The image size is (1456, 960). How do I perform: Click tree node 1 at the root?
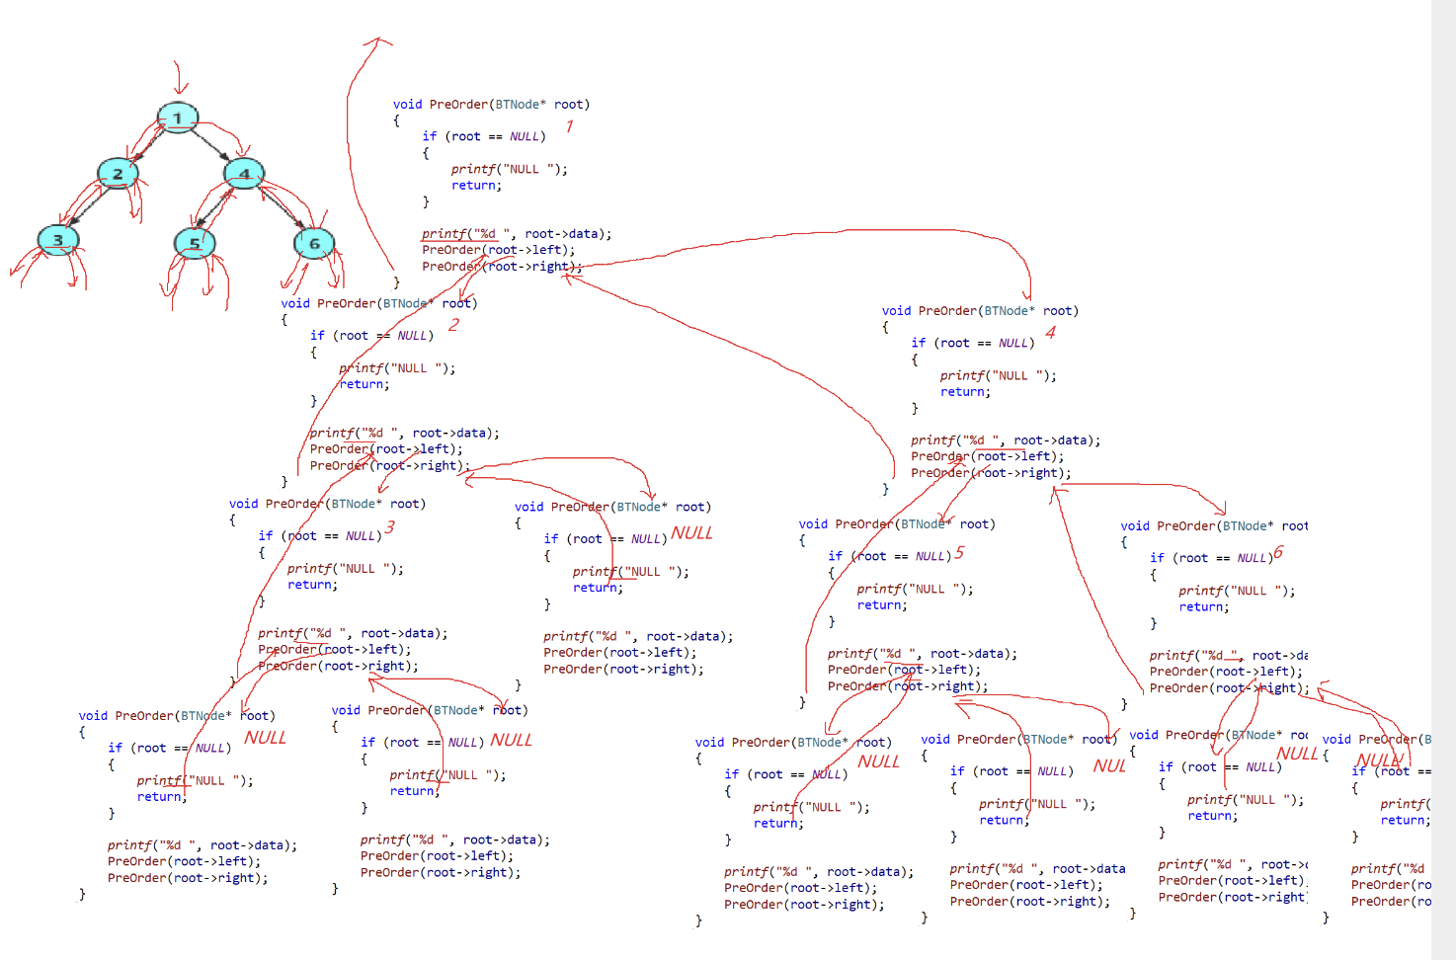point(178,119)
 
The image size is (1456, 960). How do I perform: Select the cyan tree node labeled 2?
point(118,174)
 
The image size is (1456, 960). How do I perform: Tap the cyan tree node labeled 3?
point(58,239)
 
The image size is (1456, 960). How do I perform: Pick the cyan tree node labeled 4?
point(244,174)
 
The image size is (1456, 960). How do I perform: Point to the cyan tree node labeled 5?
point(195,243)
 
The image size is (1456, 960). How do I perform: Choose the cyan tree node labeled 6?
point(314,243)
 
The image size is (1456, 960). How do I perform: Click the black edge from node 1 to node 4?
point(211,145)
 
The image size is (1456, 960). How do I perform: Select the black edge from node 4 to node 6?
point(282,207)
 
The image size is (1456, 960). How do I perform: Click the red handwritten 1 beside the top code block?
point(569,125)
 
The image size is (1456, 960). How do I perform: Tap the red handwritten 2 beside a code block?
point(453,324)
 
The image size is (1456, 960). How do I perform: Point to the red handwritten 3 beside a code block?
point(390,527)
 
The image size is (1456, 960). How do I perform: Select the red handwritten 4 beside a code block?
point(1050,333)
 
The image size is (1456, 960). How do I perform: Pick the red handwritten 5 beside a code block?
point(959,553)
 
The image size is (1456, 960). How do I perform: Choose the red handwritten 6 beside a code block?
point(1278,553)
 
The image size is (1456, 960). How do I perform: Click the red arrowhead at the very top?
point(376,41)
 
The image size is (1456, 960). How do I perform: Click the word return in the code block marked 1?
point(476,186)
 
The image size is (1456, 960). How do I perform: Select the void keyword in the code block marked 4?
point(896,311)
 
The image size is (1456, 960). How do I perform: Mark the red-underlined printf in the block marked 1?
point(445,234)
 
